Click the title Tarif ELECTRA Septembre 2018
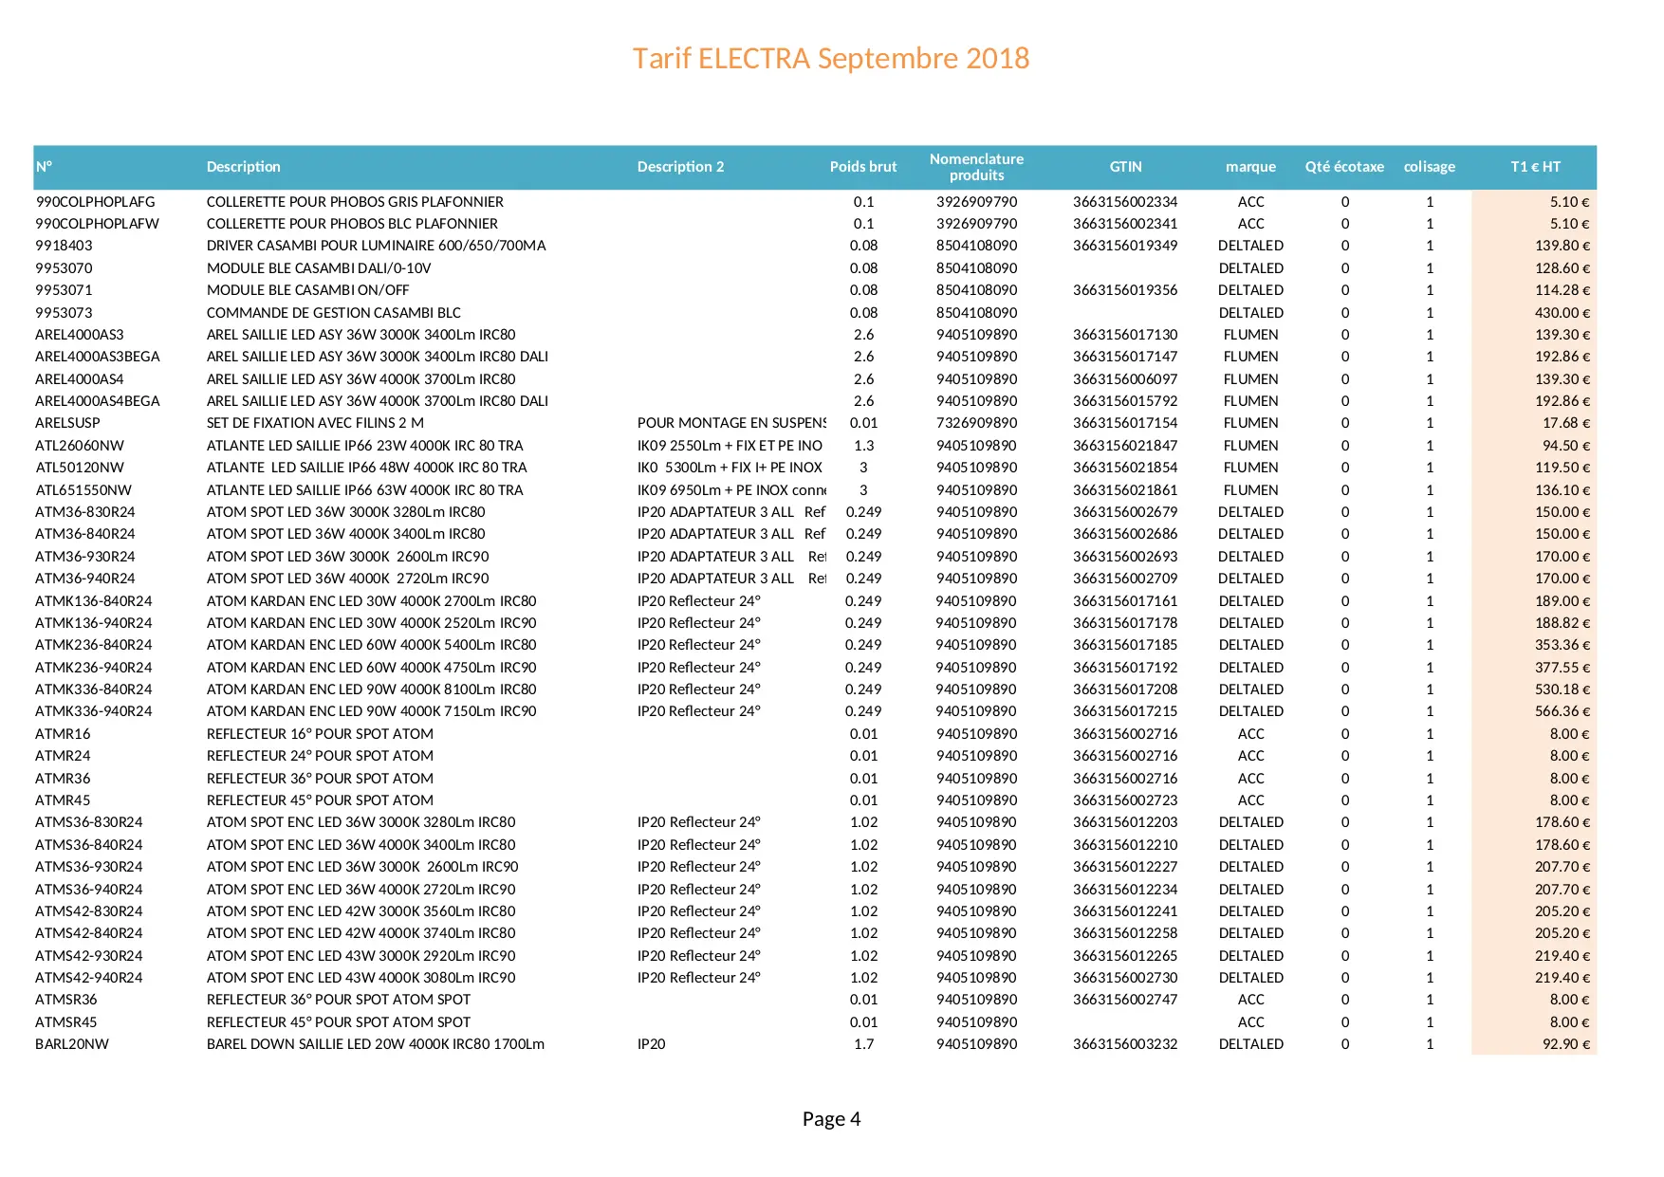coord(830,59)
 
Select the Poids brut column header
coord(862,167)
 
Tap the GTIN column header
coord(1125,167)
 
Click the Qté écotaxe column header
coord(1343,167)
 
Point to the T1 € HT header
coord(1535,167)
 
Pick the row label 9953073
coord(64,313)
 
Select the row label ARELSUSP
coord(67,423)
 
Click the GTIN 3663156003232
coord(1125,1044)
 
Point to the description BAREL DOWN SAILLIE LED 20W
coord(375,1044)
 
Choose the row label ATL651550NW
coord(83,490)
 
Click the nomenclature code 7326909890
coord(976,423)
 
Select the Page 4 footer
coord(831,1119)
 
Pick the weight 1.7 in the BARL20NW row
coord(863,1044)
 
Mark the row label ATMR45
coord(63,800)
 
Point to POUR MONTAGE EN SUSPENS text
coord(731,423)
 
